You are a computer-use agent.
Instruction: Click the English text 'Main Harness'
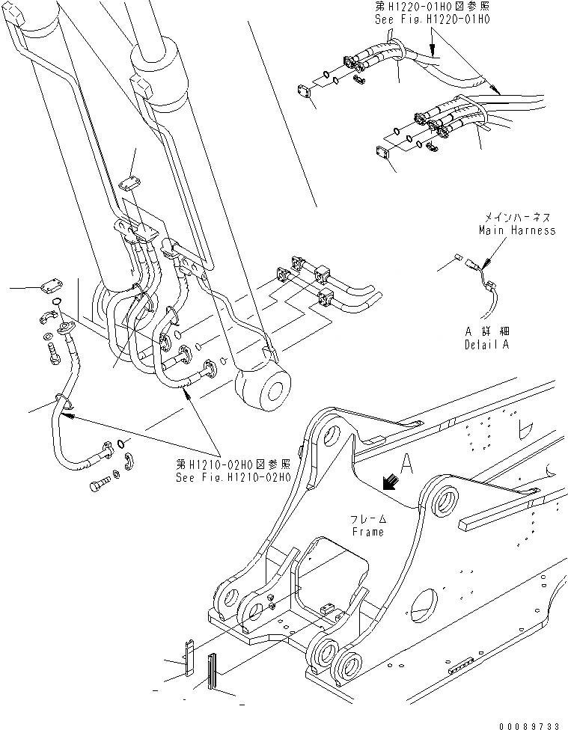click(517, 230)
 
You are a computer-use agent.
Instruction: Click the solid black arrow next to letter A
click(389, 484)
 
